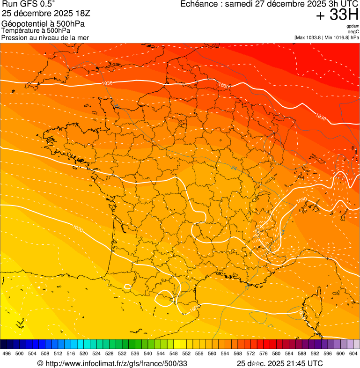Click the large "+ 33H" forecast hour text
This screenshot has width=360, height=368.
pyautogui.click(x=337, y=15)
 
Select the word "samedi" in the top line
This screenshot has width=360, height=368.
pyautogui.click(x=239, y=4)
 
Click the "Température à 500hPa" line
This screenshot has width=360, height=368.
pyautogui.click(x=36, y=31)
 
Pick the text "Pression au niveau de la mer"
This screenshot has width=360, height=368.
pyautogui.click(x=45, y=37)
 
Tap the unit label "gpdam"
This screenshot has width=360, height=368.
pyautogui.click(x=353, y=27)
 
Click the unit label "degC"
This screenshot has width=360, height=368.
pyautogui.click(x=353, y=32)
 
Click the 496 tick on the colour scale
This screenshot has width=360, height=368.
pyautogui.click(x=7, y=353)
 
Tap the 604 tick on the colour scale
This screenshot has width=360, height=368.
pyautogui.click(x=353, y=353)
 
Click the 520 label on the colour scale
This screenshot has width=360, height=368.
pyautogui.click(x=83, y=353)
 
